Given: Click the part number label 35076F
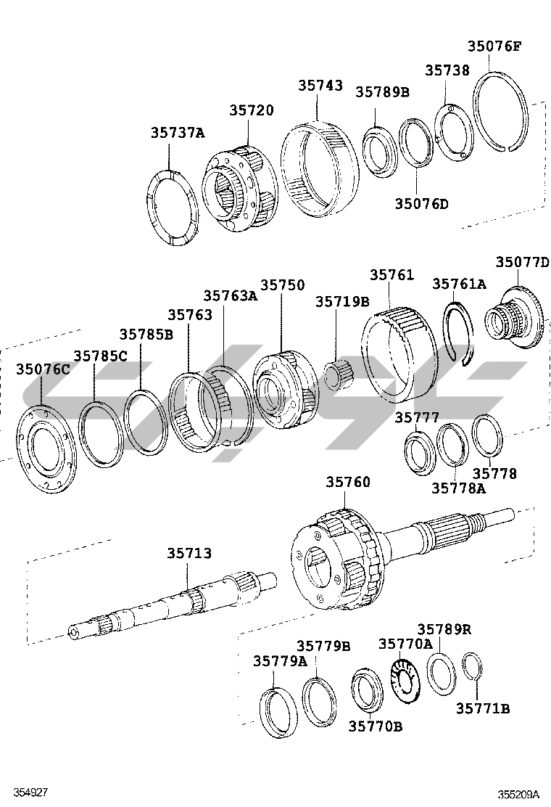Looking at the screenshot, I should pyautogui.click(x=494, y=46).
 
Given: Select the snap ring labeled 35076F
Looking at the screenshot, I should pyautogui.click(x=500, y=112).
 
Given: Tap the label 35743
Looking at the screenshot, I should pyautogui.click(x=320, y=86).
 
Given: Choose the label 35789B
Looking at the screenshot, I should pyautogui.click(x=382, y=91).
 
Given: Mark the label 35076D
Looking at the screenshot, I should pyautogui.click(x=421, y=203).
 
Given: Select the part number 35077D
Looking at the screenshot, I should pyautogui.click(x=522, y=262).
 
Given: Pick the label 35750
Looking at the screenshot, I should pyautogui.click(x=283, y=286).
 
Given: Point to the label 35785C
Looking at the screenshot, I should pyautogui.click(x=100, y=356).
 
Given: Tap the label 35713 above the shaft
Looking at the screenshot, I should pyautogui.click(x=189, y=554).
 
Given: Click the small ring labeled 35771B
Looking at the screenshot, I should pyautogui.click(x=472, y=667).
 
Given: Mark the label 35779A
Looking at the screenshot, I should pyautogui.click(x=280, y=661).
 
